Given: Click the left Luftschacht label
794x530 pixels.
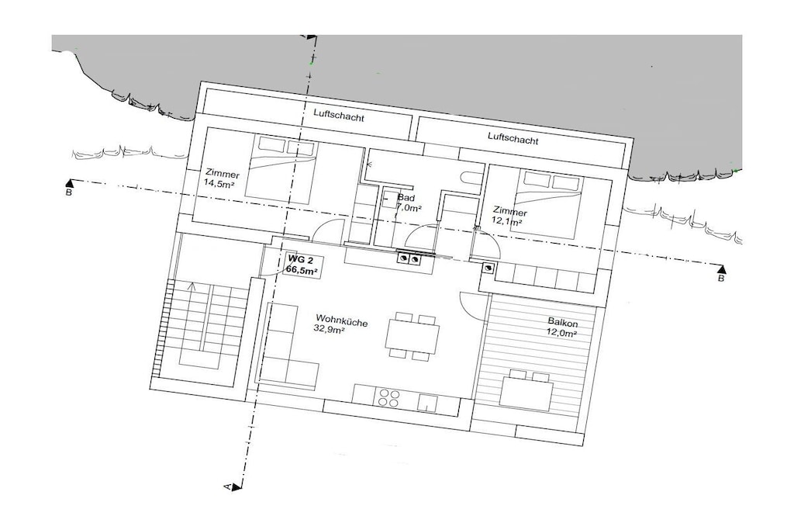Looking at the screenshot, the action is (x=339, y=116).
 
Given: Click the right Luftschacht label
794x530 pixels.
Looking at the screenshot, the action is (x=513, y=138).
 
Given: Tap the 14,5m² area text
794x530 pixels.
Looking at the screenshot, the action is (x=219, y=183).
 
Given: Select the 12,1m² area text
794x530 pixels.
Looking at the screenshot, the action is (x=507, y=221).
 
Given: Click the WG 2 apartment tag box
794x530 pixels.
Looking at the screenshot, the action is (x=302, y=265).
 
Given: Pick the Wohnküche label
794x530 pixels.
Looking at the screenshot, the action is (x=342, y=320).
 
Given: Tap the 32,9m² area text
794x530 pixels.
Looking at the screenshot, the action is (x=329, y=329).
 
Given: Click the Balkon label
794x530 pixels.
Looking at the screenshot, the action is (x=563, y=323).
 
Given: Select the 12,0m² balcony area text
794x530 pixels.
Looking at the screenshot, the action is (x=562, y=333).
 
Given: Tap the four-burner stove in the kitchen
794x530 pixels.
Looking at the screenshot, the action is (x=388, y=397).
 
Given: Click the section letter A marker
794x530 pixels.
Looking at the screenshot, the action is (x=229, y=487).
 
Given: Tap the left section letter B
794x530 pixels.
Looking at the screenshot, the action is (x=69, y=192).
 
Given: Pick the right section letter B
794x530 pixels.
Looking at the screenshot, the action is (x=721, y=278).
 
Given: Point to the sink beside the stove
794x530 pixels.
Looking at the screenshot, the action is (x=428, y=404).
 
